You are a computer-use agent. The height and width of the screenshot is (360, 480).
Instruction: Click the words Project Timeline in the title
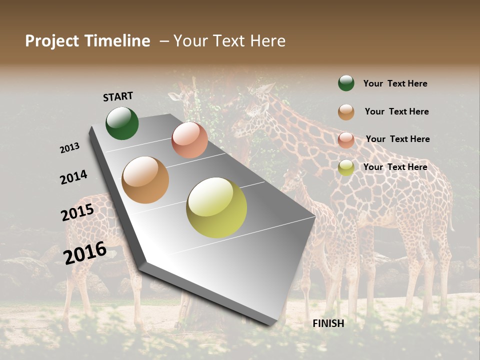point(87,41)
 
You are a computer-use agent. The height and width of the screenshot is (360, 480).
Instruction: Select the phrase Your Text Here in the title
point(229,41)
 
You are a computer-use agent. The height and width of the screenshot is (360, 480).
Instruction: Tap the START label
point(118,96)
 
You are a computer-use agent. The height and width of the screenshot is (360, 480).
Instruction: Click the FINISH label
point(328,323)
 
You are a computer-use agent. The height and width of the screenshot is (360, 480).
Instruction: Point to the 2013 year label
point(69,148)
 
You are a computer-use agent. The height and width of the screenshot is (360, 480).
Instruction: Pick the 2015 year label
point(77,212)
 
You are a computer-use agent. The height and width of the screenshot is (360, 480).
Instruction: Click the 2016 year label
point(85,253)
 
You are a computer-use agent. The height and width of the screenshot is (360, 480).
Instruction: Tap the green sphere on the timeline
point(122,123)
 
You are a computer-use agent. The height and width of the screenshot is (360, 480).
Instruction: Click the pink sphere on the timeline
point(189,140)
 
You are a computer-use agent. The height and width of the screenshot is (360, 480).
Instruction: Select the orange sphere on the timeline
point(145,180)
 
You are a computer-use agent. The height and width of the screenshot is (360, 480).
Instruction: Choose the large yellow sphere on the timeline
point(216,207)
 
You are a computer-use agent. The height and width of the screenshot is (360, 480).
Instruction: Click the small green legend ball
point(346,83)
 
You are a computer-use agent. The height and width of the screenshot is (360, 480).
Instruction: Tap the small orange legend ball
point(346,112)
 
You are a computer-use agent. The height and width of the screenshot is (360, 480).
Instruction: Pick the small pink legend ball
point(346,140)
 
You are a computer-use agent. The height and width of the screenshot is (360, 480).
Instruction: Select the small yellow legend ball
point(346,167)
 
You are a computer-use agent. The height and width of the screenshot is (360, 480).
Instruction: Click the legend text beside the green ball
point(395,83)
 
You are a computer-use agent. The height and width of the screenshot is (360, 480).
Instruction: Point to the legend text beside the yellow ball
point(395,167)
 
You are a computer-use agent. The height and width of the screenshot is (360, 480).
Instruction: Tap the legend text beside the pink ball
point(397,139)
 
